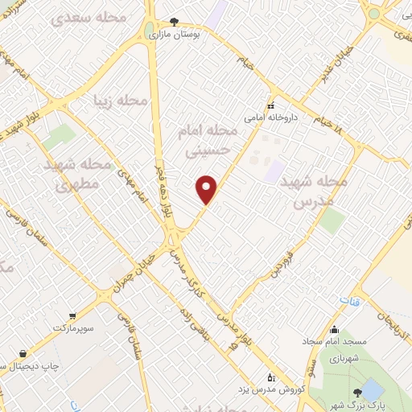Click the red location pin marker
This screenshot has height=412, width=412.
coord(207,189)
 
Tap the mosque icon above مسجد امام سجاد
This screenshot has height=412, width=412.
coord(335,328)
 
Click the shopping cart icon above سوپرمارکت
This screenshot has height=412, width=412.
coord(73,316)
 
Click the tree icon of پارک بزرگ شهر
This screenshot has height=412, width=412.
coord(371,392)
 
